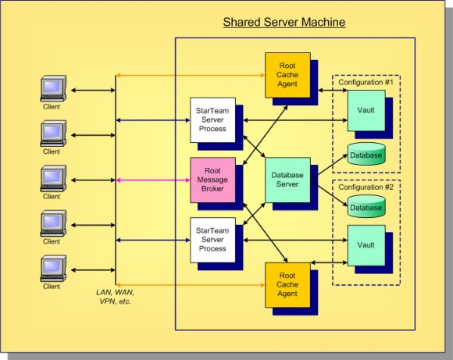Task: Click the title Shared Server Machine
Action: coord(284,22)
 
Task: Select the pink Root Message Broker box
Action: coord(212,179)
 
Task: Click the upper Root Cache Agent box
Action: coord(287,74)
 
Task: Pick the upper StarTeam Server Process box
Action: coord(212,119)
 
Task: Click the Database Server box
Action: coord(287,179)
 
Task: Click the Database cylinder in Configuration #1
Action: coord(366,155)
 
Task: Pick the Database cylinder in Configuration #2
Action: coord(366,206)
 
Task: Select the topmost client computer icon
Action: coord(52,89)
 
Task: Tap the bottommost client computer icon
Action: coord(52,269)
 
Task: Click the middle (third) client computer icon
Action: coord(52,179)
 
